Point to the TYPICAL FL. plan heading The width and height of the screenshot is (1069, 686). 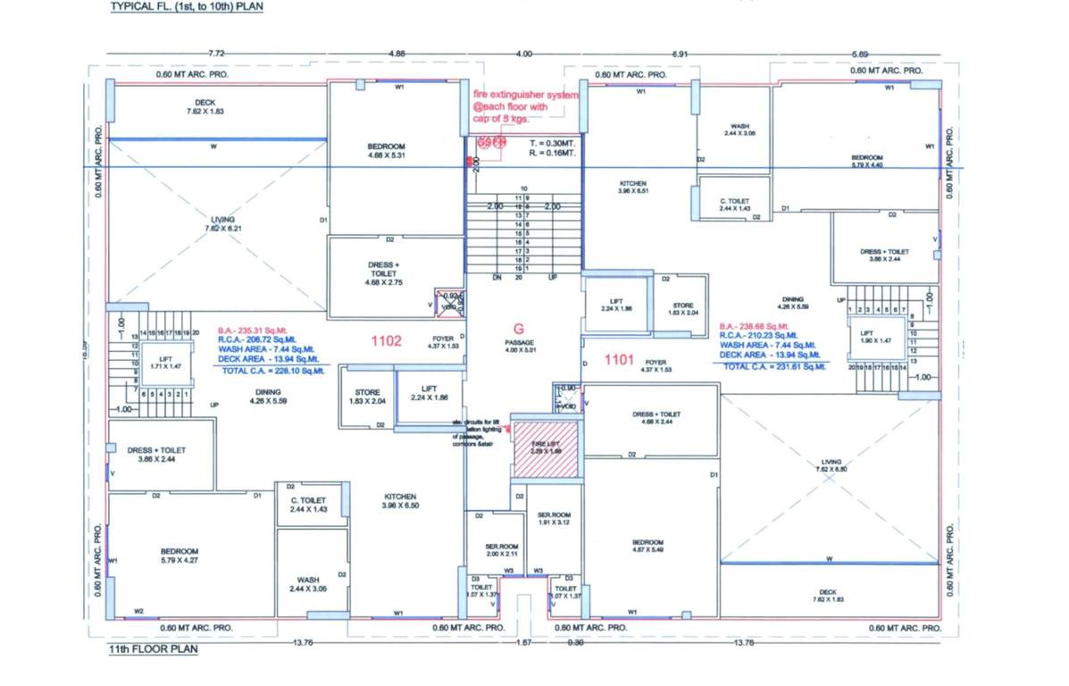tap(187, 6)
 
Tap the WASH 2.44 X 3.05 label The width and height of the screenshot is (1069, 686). tap(308, 586)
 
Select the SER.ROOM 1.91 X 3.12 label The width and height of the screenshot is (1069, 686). tap(555, 519)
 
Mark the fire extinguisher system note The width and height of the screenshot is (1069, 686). tap(525, 106)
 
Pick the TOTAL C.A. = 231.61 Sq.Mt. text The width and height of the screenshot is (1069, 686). tap(773, 366)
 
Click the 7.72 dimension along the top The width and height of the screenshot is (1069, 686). tap(215, 54)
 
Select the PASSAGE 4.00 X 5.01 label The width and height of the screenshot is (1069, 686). tap(519, 346)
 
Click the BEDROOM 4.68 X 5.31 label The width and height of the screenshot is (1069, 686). tap(387, 150)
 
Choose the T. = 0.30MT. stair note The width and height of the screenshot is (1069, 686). tap(551, 143)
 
